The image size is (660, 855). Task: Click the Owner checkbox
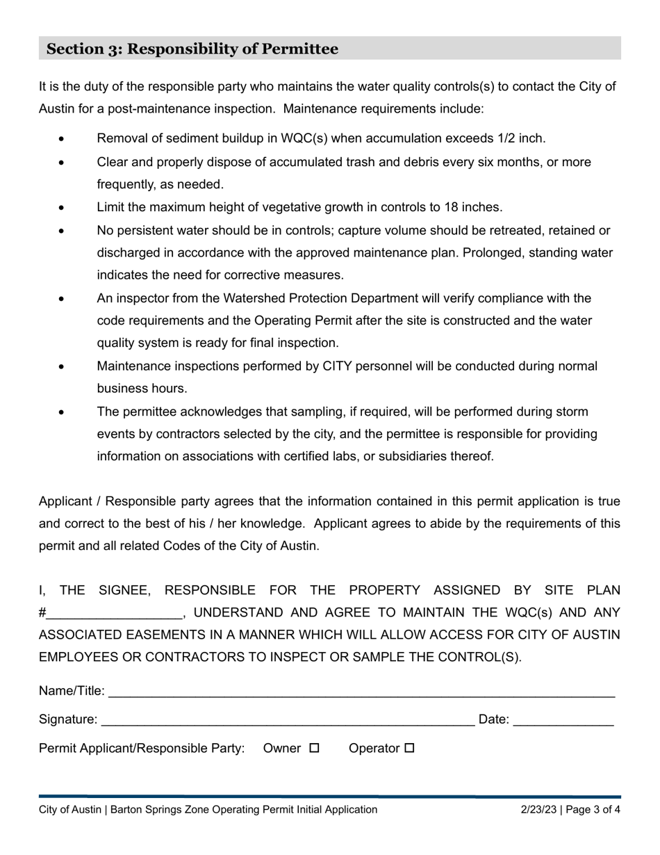(x=314, y=749)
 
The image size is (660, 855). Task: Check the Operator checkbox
(x=409, y=749)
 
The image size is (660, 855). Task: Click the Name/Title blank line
(x=361, y=692)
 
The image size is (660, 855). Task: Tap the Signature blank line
(x=288, y=721)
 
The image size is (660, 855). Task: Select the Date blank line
(x=563, y=721)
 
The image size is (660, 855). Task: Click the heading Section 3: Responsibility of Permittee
(x=192, y=49)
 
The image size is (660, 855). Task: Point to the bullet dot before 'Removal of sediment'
(x=62, y=139)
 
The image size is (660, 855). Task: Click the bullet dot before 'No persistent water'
(x=62, y=231)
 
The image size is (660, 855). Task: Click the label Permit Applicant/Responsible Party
(x=142, y=749)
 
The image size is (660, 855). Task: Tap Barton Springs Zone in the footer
(x=159, y=809)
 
